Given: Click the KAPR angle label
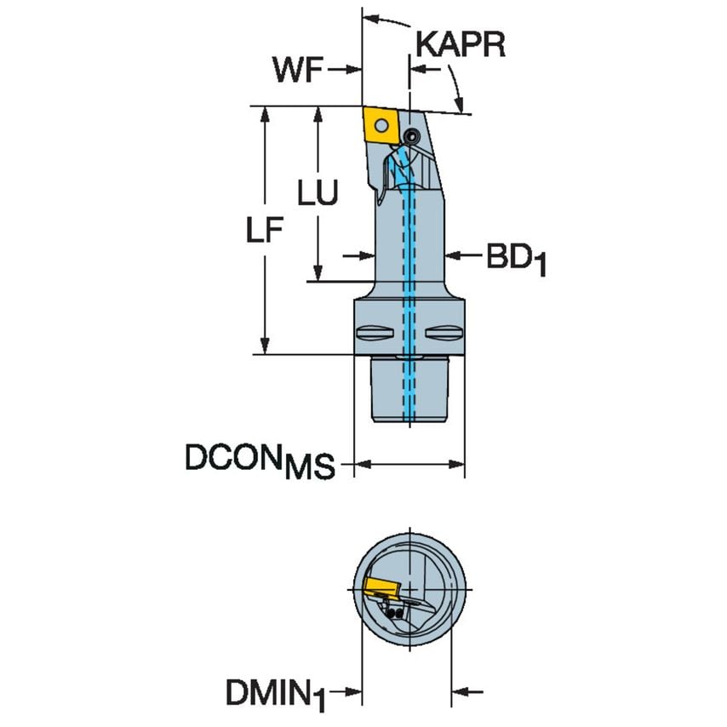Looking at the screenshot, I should point(461,43).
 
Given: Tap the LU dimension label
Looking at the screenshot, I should point(317,194).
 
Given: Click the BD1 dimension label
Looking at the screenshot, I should point(515,259).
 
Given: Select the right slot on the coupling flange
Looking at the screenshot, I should point(446,332).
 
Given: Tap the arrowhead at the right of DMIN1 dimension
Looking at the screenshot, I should point(457,690).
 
